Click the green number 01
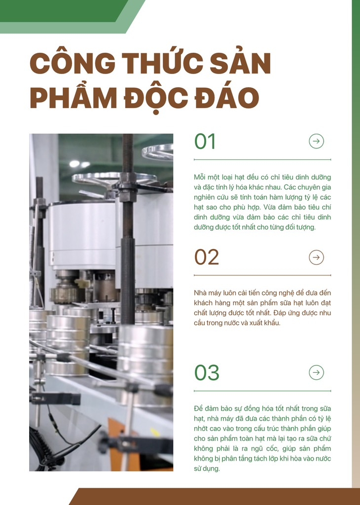point(205,142)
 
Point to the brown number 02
point(207,257)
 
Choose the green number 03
point(207,373)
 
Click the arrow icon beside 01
point(316,141)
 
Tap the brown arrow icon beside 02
point(316,257)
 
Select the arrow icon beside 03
point(316,372)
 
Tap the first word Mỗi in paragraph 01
point(200,177)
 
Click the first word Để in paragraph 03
point(198,409)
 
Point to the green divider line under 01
point(262,159)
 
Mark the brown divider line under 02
point(262,275)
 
